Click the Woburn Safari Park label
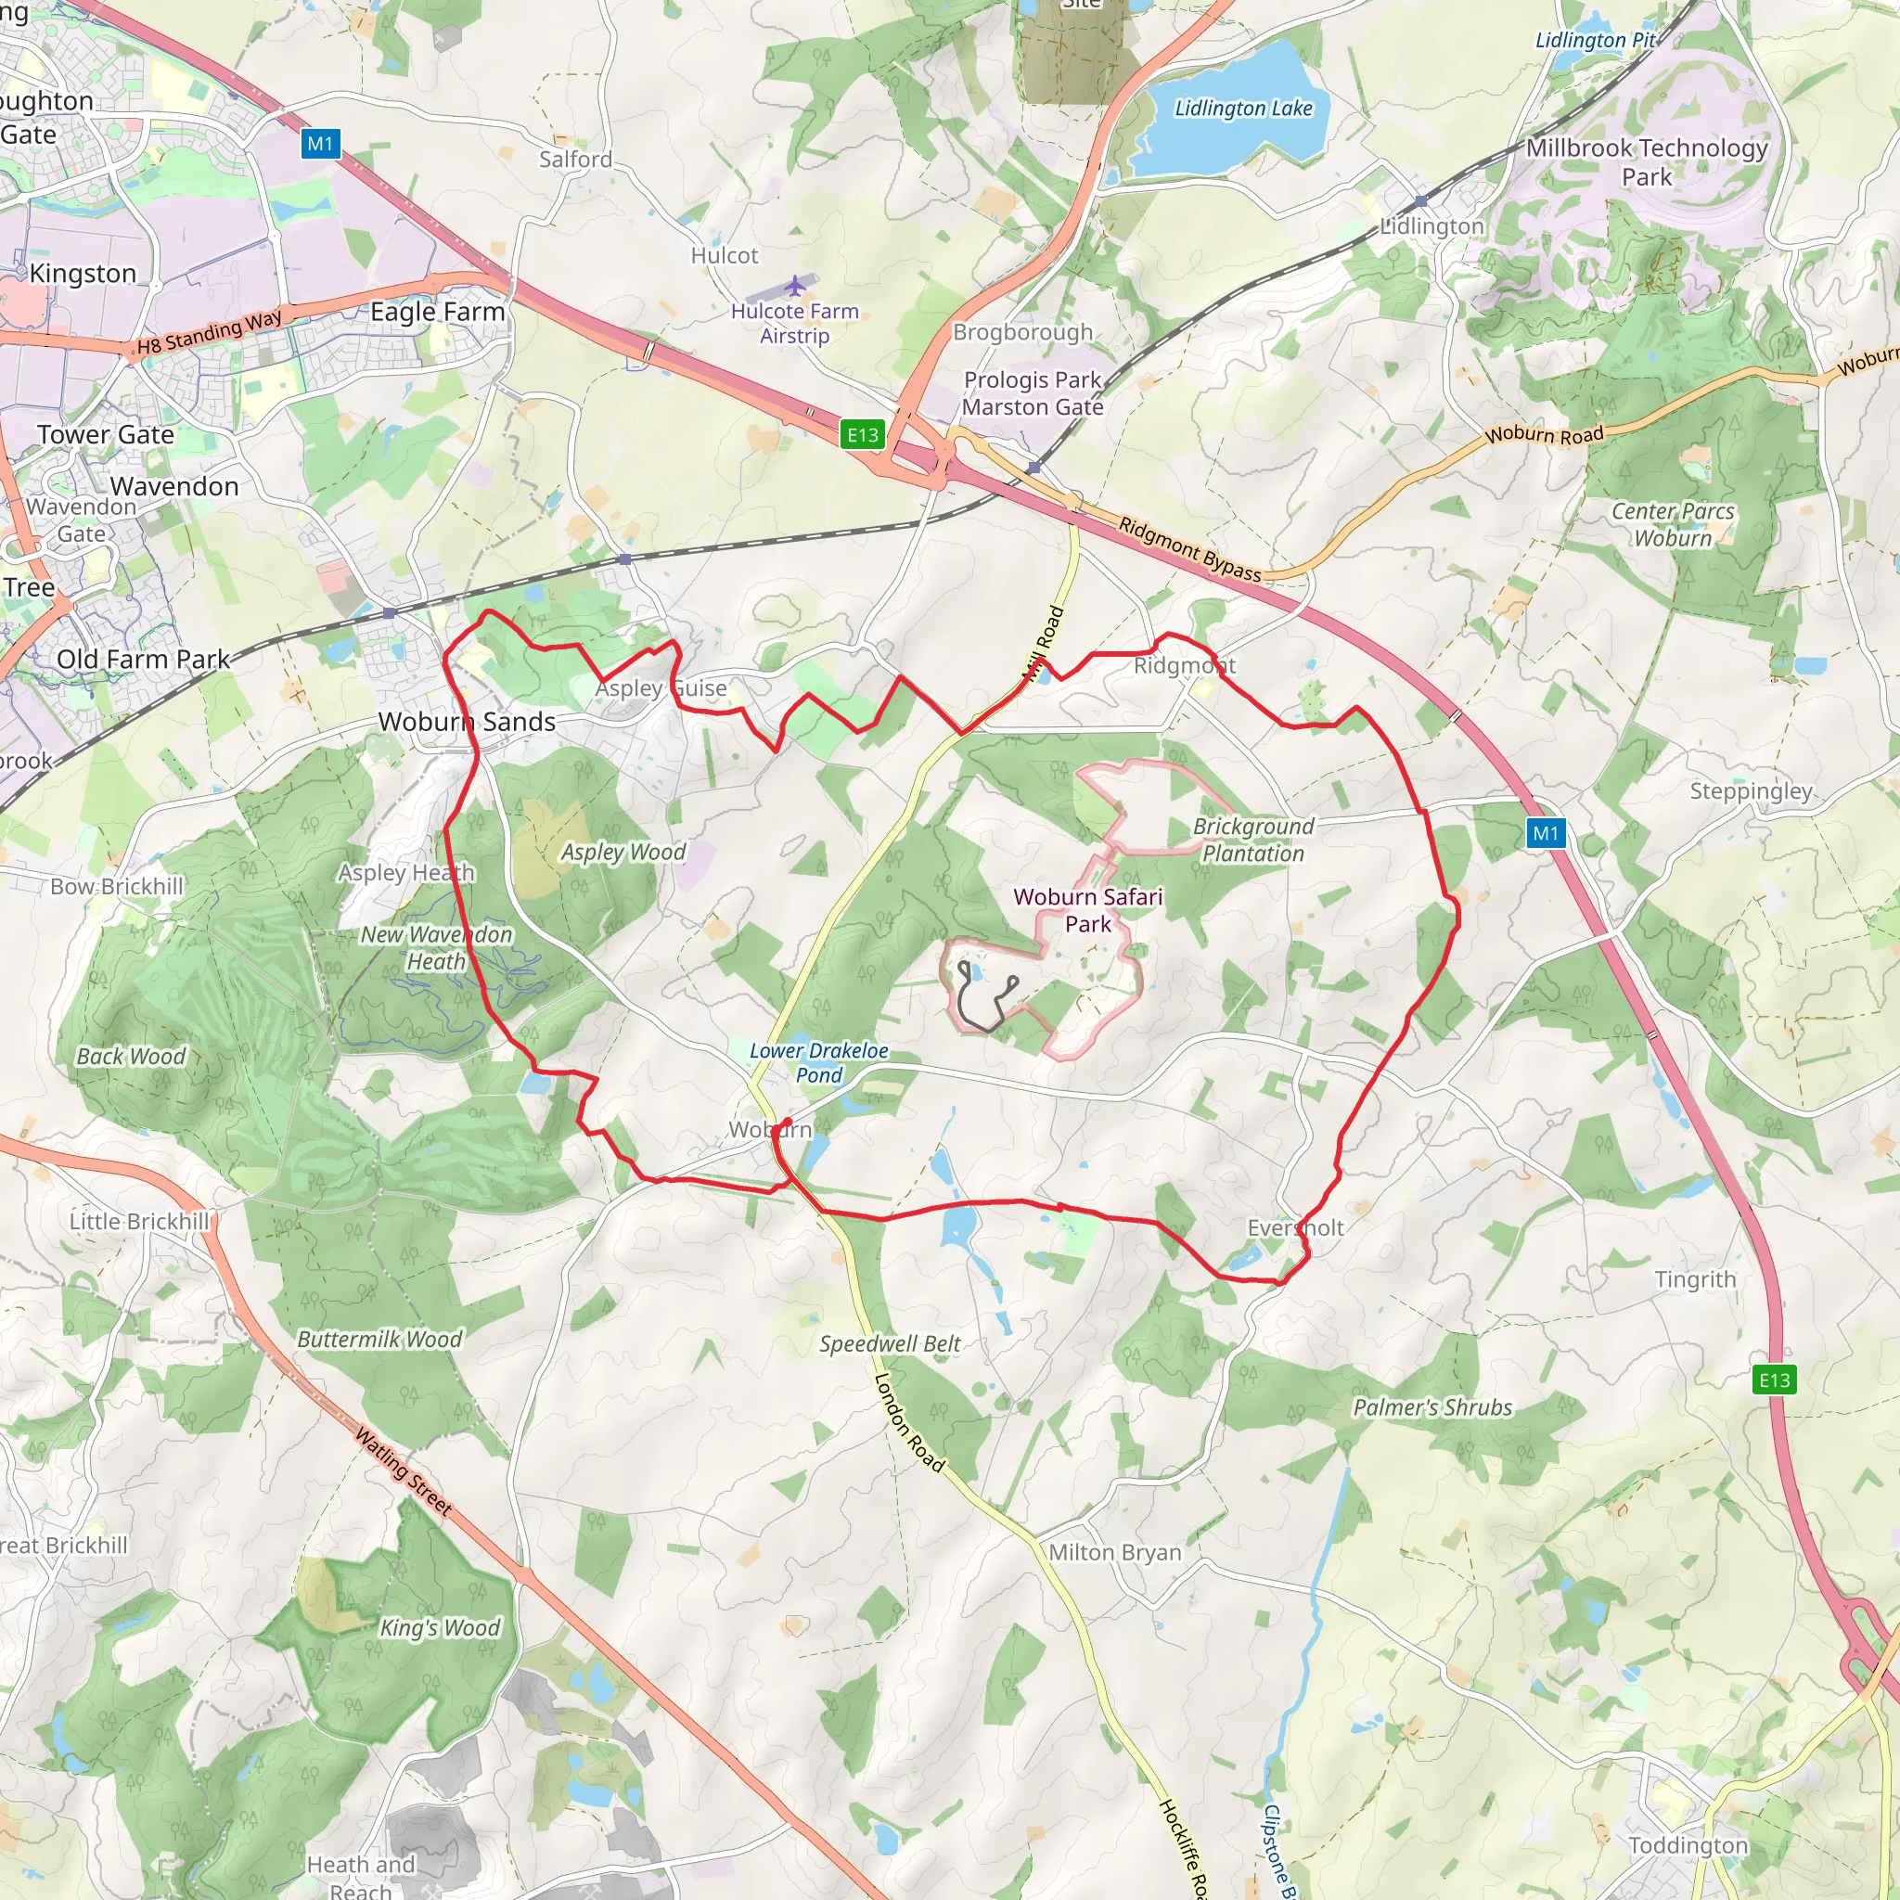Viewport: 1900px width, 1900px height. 1087,910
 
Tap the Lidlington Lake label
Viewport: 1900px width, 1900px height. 1243,109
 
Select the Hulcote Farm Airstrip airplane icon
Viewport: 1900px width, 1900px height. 795,286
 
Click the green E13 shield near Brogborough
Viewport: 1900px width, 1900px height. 863,435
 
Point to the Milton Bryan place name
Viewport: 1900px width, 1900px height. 1114,1552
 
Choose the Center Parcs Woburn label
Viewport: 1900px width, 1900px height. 1672,524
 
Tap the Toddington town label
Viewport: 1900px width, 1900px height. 1688,1845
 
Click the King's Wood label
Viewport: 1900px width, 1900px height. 440,1627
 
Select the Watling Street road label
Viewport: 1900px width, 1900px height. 404,1471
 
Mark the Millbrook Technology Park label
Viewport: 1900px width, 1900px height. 1647,162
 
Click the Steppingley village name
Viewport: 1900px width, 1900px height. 1751,790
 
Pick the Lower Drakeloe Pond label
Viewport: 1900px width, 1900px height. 818,1062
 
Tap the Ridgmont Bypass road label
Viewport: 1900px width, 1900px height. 1189,549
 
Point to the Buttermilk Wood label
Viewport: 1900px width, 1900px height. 379,1339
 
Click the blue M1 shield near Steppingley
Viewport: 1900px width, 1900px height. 1545,834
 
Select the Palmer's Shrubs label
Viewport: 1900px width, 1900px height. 1431,1407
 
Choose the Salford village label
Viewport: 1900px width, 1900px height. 575,160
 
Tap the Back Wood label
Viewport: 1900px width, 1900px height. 131,1056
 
